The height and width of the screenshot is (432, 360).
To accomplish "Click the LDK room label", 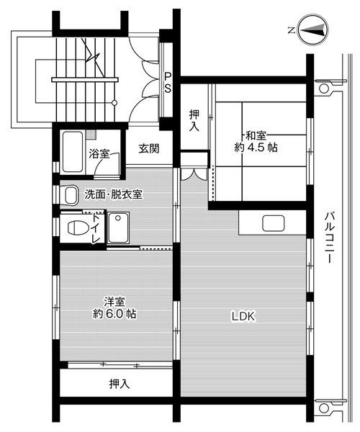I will pyautogui.click(x=242, y=315).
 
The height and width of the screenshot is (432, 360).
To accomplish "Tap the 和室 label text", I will pyautogui.click(x=256, y=135).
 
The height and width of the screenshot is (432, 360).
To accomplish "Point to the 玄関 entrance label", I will pyautogui.click(x=149, y=149).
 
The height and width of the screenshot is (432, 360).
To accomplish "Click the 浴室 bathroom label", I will pyautogui.click(x=99, y=153).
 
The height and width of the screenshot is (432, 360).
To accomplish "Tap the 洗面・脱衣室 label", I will pyautogui.click(x=113, y=194).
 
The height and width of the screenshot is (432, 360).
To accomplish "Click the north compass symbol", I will pyautogui.click(x=311, y=30).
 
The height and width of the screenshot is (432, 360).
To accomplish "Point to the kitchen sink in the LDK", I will pyautogui.click(x=274, y=223).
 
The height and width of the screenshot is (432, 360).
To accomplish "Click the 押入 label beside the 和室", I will pyautogui.click(x=194, y=119).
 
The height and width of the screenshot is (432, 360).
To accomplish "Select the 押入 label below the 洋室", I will pyautogui.click(x=119, y=384).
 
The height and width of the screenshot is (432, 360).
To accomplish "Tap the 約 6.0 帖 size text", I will pyautogui.click(x=115, y=315).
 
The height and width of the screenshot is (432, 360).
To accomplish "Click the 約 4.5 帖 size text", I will pyautogui.click(x=256, y=148).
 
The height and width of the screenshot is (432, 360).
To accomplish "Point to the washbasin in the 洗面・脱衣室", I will pyautogui.click(x=70, y=194).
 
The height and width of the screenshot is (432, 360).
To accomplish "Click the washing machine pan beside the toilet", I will pyautogui.click(x=117, y=228).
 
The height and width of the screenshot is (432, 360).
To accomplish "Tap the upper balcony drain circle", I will pyautogui.click(x=323, y=89).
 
